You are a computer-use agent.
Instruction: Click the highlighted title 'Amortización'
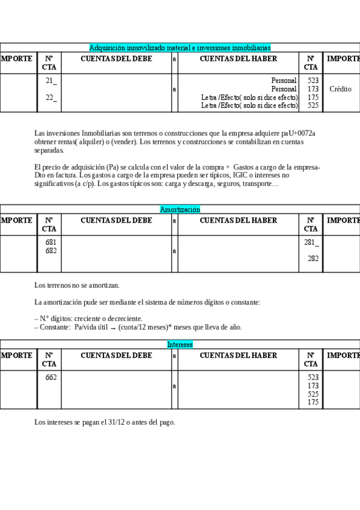tap(180, 209)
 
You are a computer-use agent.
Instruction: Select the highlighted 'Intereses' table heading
tap(180, 345)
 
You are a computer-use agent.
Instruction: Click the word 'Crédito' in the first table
tap(341, 89)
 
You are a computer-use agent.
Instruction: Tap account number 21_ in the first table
tap(50, 80)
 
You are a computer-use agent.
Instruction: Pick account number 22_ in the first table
tap(50, 97)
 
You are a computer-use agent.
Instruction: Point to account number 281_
tap(313, 242)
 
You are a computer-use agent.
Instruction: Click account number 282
tap(313, 259)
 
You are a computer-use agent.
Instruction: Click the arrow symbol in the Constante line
tap(112, 327)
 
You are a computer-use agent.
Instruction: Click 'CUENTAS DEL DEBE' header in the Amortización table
tap(116, 220)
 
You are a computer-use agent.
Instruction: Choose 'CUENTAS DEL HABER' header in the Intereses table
tap(238, 355)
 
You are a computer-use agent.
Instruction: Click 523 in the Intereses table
tap(313, 378)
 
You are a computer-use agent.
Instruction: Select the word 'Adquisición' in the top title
tap(106, 47)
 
